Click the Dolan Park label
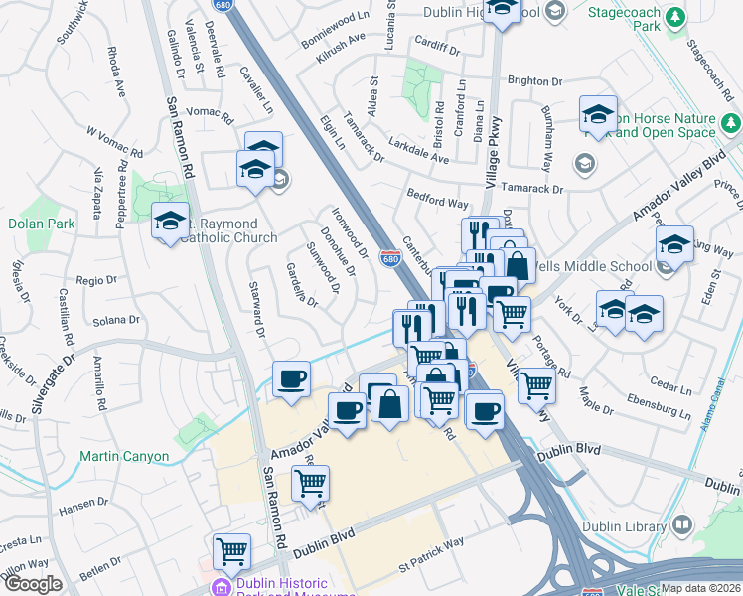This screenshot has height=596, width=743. click(x=42, y=223)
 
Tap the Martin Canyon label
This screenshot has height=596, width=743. click(x=124, y=457)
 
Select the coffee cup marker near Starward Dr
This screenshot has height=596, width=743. click(x=291, y=378)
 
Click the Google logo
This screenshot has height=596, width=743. click(x=33, y=583)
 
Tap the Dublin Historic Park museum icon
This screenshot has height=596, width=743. click(x=221, y=587)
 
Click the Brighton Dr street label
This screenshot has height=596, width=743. click(x=534, y=80)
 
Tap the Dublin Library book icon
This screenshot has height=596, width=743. click(x=682, y=523)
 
